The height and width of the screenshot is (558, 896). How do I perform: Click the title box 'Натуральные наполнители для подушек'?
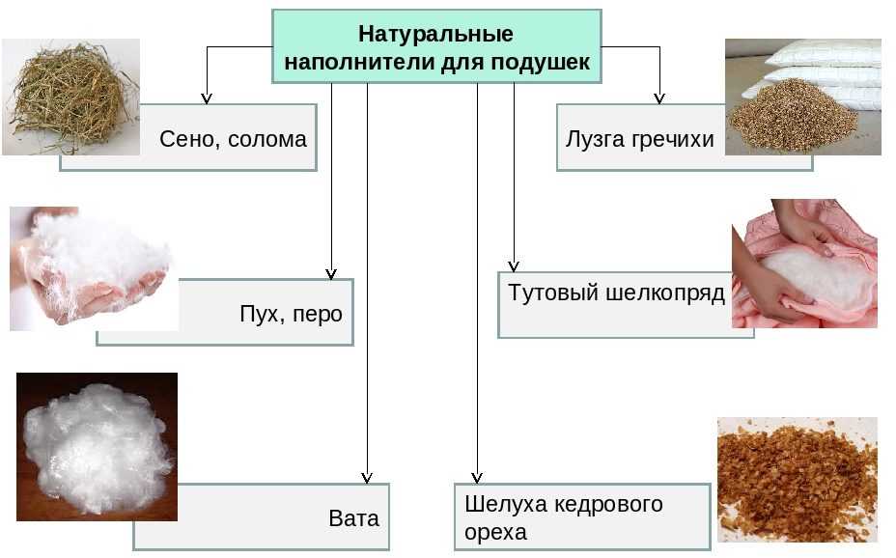(x=436, y=45)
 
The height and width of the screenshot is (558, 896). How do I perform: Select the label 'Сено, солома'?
(x=233, y=139)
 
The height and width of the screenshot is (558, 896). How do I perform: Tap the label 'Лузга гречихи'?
(x=640, y=139)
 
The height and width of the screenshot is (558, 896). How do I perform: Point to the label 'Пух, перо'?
(x=291, y=314)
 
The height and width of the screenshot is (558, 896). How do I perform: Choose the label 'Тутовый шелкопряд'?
(x=616, y=293)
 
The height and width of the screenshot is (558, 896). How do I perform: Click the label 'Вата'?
(x=354, y=517)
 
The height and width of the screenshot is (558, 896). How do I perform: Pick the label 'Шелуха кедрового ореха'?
(x=564, y=517)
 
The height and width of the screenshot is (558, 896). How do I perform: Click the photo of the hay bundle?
(x=70, y=97)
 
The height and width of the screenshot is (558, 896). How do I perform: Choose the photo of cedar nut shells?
(x=797, y=479)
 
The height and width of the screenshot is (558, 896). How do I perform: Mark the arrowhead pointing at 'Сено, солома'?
(x=206, y=98)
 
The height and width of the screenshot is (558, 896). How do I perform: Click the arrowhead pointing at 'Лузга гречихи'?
(x=659, y=98)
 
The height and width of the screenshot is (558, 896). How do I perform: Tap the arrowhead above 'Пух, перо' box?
(x=331, y=273)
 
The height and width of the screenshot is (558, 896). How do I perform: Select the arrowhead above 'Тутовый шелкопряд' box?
(x=514, y=265)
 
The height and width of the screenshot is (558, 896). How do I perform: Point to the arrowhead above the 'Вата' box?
(x=366, y=476)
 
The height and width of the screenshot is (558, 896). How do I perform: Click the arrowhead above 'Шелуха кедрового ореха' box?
(x=477, y=476)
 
